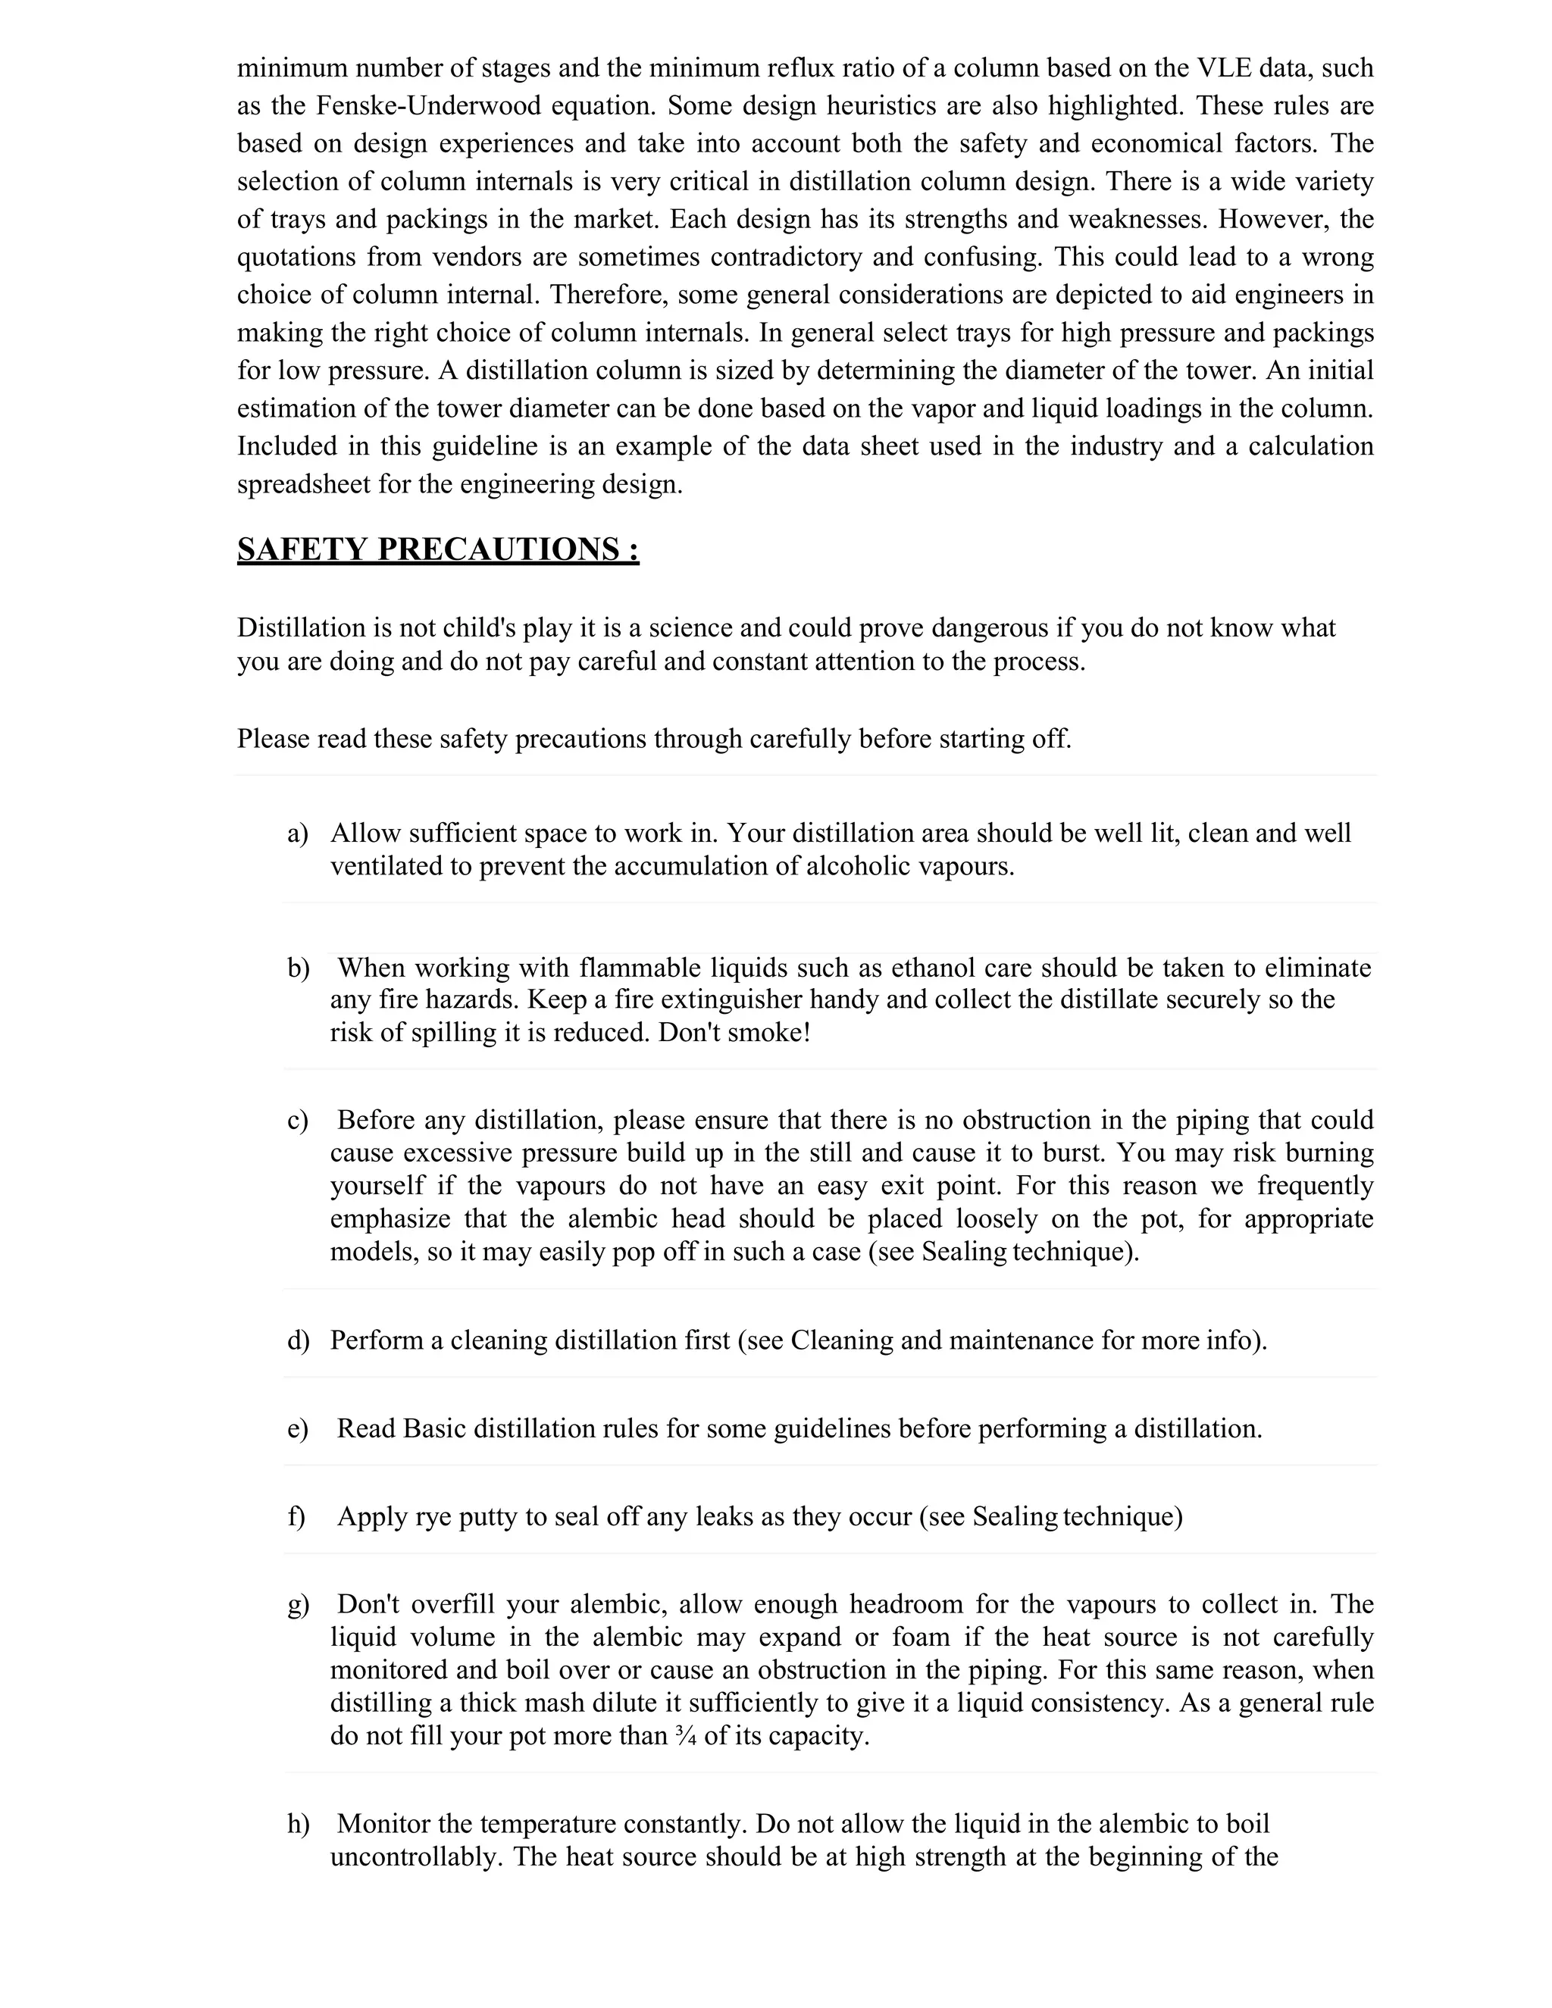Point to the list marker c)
[x=297, y=1120]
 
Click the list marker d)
[x=298, y=1340]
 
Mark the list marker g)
[x=298, y=1604]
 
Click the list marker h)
[x=298, y=1823]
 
